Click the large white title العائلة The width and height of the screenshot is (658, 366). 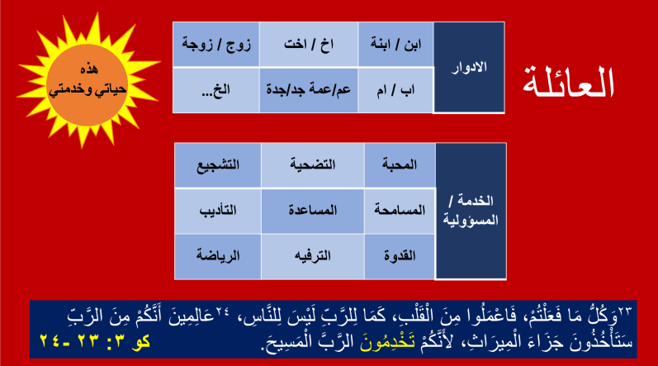pos(568,82)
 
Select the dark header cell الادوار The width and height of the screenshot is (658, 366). pos(469,68)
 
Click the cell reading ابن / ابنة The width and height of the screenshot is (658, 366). pos(395,45)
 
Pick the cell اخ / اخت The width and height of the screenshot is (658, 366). pos(309,45)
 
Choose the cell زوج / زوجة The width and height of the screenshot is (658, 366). pos(216,45)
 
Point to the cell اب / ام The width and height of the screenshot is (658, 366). pos(395,90)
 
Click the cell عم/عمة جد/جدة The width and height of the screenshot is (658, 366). pos(309,90)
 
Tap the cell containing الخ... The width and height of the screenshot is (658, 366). pos(216,90)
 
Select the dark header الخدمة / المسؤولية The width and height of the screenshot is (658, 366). pos(471,212)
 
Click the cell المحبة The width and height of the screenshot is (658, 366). pos(400,165)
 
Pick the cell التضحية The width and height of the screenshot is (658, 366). pos(313,165)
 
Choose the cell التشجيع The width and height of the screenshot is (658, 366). pos(218,165)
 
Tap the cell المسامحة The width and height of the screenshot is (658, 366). pos(400,211)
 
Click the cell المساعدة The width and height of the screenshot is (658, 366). pos(313,211)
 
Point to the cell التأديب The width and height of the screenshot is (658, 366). pos(218,211)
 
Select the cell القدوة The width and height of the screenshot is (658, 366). pos(400,256)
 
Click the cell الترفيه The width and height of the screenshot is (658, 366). pos(313,256)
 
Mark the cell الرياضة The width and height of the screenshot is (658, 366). pos(218,256)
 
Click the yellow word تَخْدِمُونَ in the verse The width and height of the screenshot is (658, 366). pos(387,341)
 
